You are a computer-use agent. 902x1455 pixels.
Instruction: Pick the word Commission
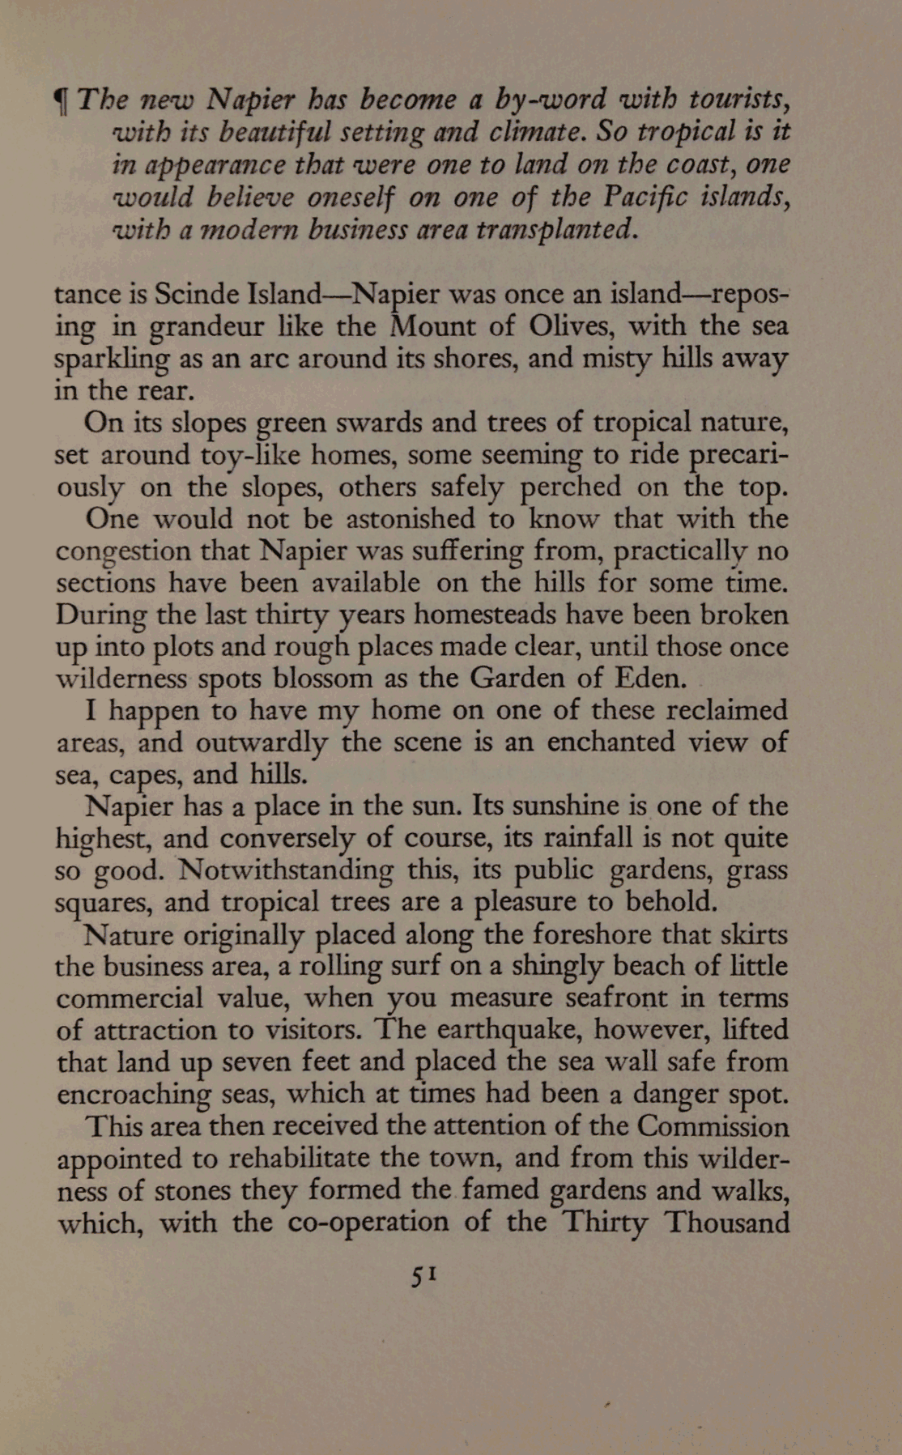click(713, 1126)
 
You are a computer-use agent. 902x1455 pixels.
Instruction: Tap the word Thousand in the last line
click(726, 1222)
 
